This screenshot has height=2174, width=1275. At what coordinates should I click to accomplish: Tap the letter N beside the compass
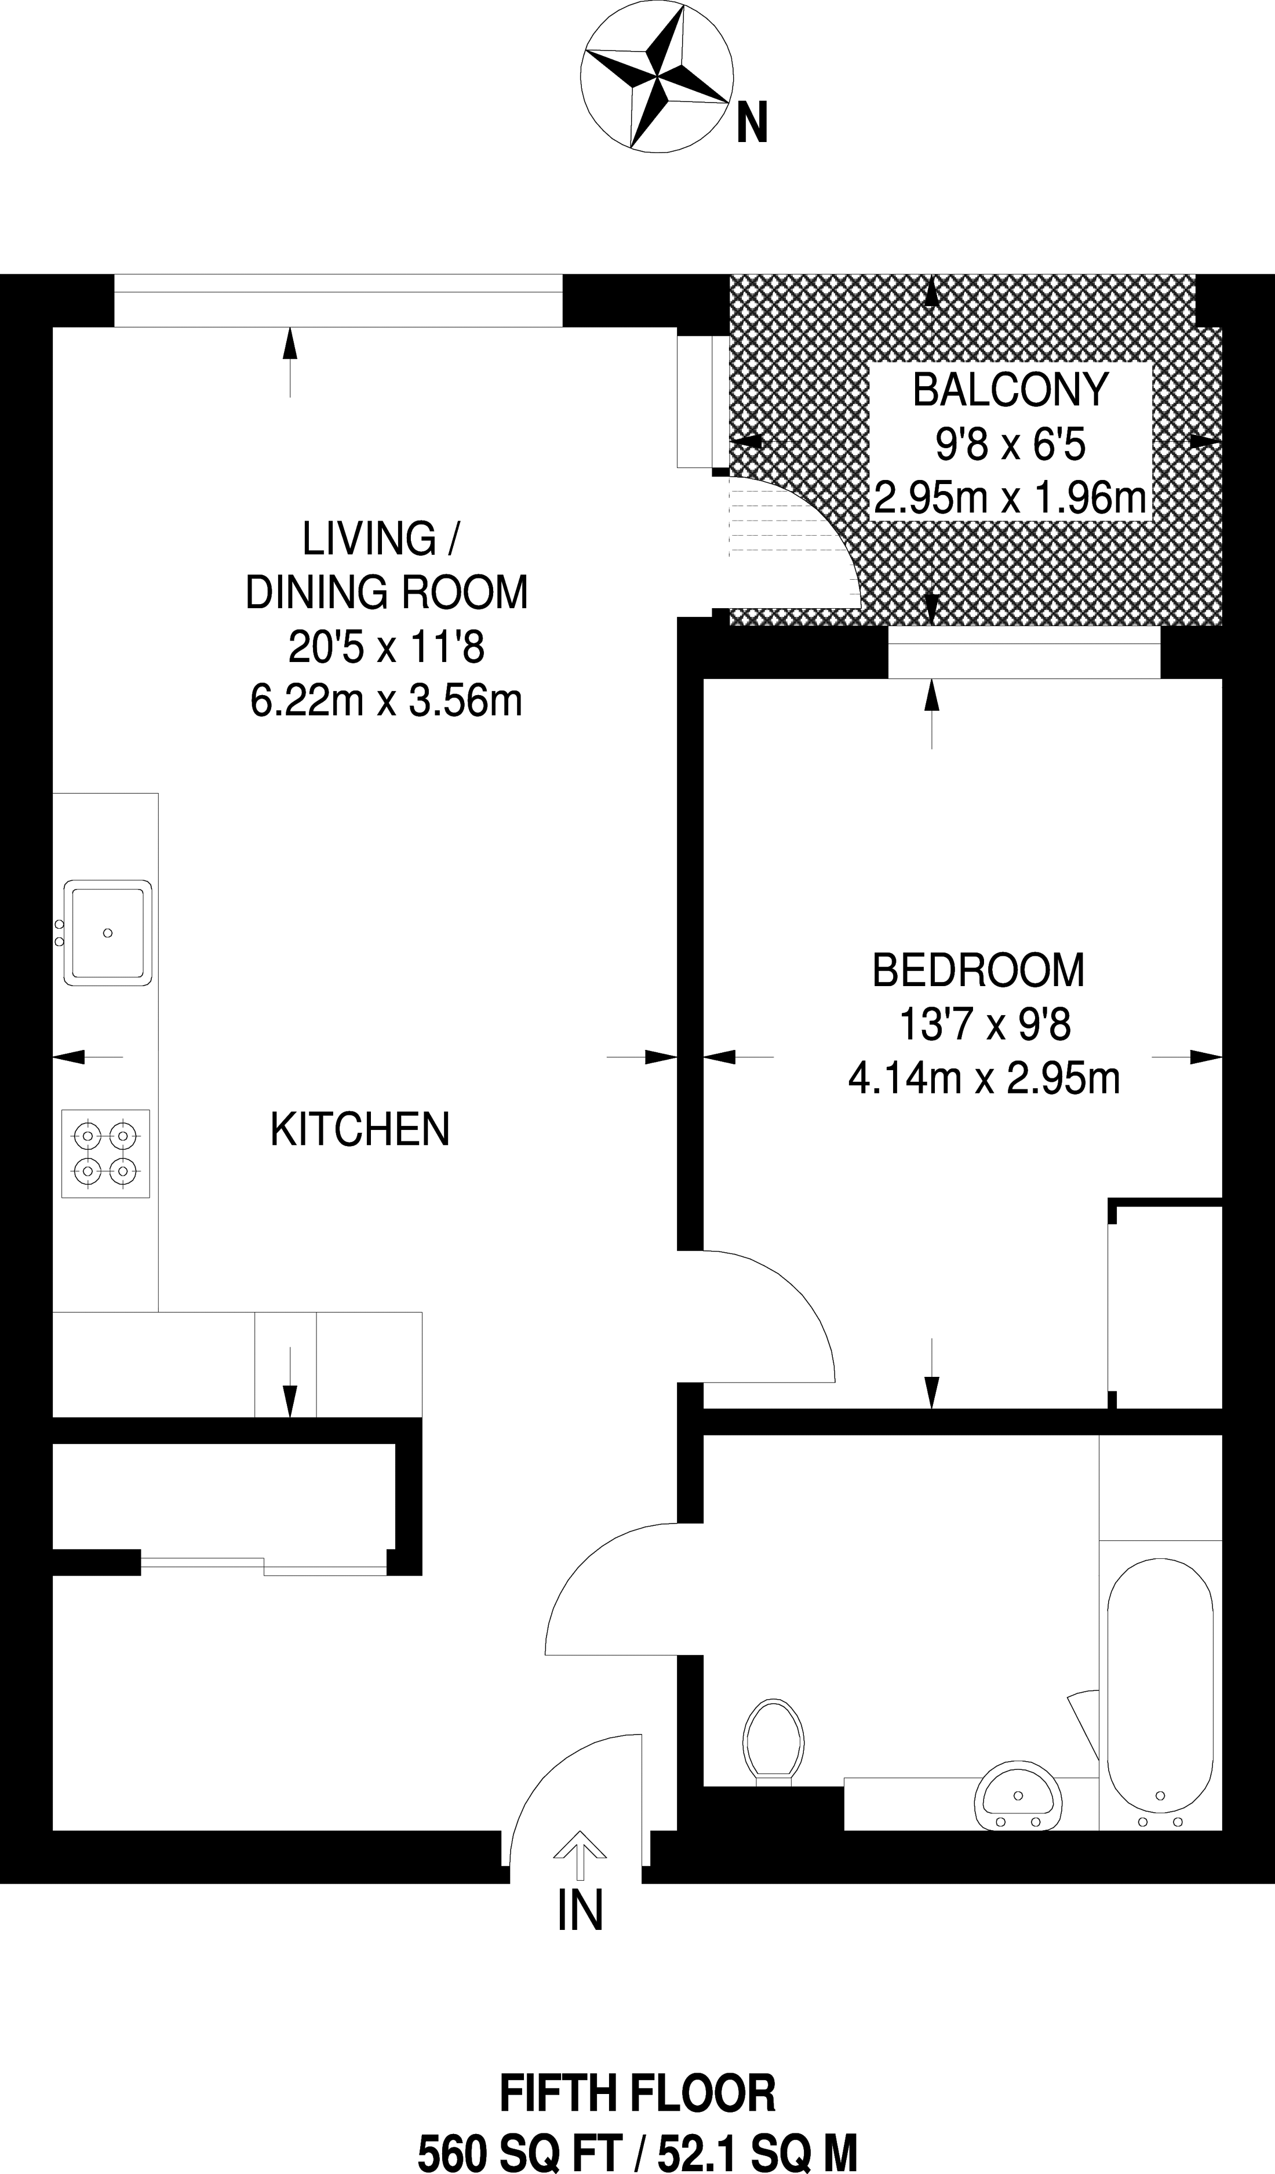tap(751, 122)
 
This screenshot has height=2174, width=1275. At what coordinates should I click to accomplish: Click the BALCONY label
tap(1010, 390)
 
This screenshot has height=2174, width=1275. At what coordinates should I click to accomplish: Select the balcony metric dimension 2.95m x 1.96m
tap(1010, 499)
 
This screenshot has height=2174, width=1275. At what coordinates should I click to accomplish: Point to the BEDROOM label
tap(978, 970)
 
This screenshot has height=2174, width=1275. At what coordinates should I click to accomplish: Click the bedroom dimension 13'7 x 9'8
tap(984, 1026)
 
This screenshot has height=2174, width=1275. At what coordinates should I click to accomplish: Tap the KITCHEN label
tap(360, 1129)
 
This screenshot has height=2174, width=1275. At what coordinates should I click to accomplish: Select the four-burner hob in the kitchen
tap(105, 1154)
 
